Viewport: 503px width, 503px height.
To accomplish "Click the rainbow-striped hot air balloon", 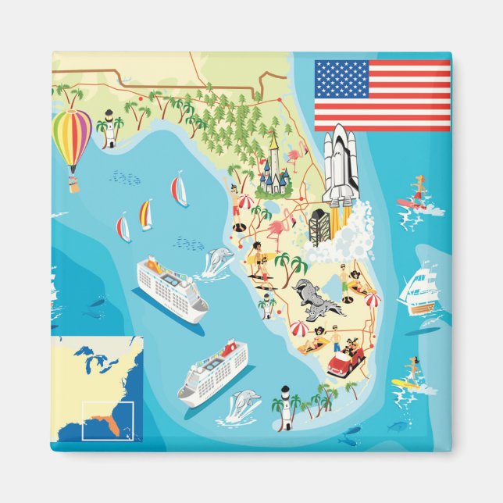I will [x=71, y=139].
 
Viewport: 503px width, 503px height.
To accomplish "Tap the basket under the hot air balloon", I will [x=74, y=185].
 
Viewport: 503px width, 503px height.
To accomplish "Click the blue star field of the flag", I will [x=341, y=79].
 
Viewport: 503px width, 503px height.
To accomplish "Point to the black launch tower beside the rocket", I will [x=319, y=226].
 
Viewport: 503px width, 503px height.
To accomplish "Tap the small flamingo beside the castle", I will [x=294, y=159].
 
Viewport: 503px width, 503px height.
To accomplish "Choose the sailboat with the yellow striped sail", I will [x=145, y=214].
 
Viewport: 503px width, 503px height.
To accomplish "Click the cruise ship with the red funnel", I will [x=213, y=372].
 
